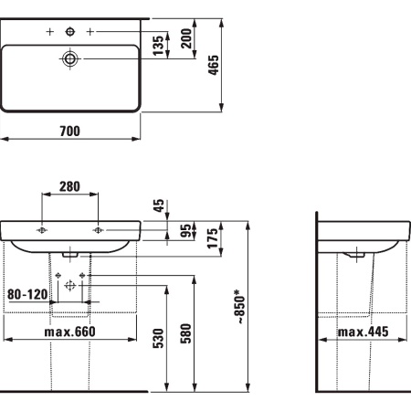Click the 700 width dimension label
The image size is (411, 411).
pos(69,132)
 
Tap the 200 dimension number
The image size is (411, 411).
pos(184,39)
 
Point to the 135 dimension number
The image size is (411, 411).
pos(157,46)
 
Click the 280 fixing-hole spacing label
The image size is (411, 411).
pos(68,186)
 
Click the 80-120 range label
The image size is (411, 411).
pos(26,295)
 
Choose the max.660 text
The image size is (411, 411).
pos(70,331)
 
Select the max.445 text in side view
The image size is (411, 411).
pos(361,331)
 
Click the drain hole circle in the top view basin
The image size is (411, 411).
pos(70,58)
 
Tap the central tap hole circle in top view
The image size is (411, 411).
pos(70,33)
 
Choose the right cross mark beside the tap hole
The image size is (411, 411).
pos(90,33)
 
